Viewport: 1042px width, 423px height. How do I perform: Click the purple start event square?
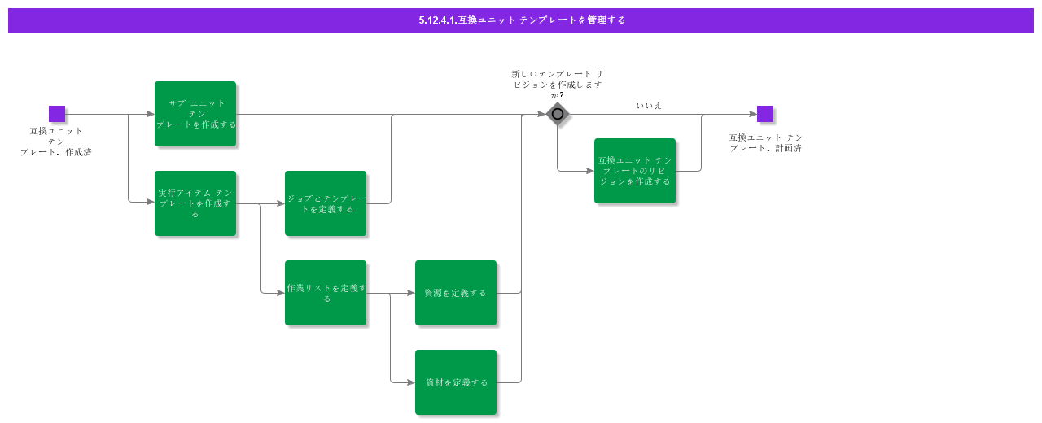57,114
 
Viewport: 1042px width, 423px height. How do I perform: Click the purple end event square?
765,114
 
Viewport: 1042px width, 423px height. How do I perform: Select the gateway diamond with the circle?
558,114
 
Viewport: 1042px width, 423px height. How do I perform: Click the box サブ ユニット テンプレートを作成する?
195,114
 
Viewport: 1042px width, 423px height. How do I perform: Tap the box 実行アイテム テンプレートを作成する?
195,203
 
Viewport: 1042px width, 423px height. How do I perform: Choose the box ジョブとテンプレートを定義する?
326,203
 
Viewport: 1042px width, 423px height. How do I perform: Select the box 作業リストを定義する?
326,293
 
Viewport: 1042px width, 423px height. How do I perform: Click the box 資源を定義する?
456,293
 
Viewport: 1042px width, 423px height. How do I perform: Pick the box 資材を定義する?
456,382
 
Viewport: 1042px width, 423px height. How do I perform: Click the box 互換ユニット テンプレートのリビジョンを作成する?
635,171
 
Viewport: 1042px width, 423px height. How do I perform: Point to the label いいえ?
649,106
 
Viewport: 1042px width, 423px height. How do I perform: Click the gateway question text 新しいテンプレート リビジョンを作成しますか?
557,84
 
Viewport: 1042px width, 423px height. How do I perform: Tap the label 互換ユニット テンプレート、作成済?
56,141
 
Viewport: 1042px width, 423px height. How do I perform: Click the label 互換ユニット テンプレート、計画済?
765,142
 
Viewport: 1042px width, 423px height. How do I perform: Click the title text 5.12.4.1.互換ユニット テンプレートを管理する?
521,20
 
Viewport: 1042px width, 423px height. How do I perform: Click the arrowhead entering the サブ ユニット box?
151,114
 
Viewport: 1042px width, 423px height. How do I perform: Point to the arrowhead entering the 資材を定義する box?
411,382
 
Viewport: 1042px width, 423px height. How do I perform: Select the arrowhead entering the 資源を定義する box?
411,293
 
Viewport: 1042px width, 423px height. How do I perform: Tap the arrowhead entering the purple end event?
753,114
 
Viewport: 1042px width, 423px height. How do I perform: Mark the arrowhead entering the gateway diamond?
541,114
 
